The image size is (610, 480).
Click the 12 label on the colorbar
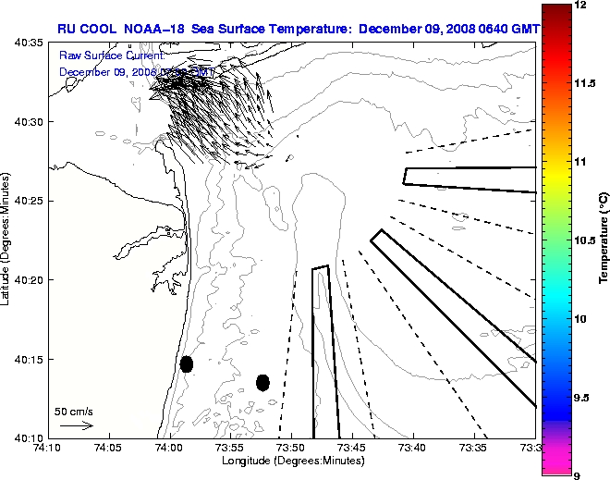[582, 6]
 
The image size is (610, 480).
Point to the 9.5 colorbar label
[583, 397]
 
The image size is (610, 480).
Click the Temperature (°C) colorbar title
[603, 240]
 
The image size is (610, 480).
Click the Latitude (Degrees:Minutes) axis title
[6, 240]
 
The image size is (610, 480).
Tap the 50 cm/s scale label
[74, 411]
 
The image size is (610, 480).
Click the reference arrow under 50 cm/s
[76, 425]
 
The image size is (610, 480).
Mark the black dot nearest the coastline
[187, 363]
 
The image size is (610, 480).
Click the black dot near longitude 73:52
[262, 382]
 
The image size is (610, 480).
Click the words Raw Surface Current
[110, 55]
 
